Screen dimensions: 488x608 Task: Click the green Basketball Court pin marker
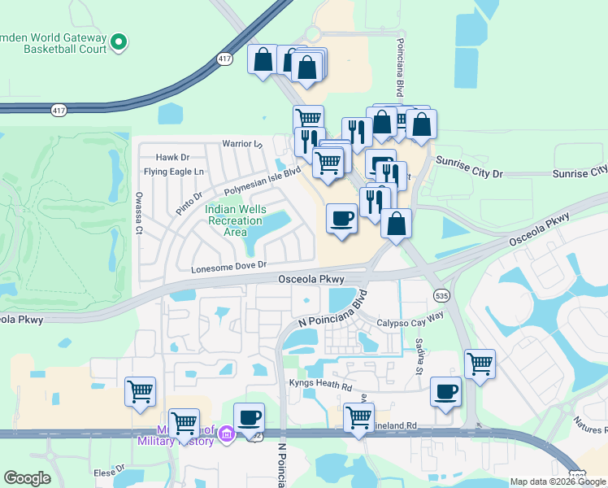[119, 41]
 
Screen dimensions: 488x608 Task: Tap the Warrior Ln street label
[242, 144]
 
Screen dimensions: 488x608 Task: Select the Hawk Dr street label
[172, 157]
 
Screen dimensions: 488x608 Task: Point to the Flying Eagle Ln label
[174, 172]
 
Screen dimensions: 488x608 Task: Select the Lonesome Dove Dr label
[228, 267]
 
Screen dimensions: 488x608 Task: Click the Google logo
[27, 478]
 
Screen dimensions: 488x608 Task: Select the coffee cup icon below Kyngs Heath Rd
[445, 392]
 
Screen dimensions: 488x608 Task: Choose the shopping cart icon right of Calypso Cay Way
[480, 363]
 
